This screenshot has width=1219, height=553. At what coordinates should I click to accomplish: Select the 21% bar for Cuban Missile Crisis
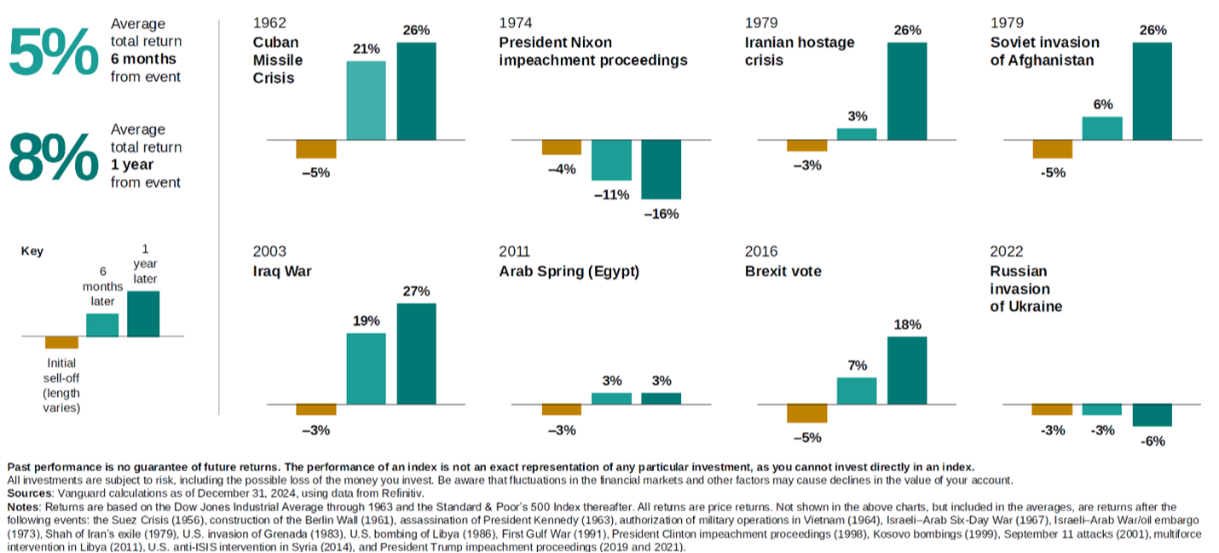(x=366, y=100)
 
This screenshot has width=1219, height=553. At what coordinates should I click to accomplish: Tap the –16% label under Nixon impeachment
(x=661, y=214)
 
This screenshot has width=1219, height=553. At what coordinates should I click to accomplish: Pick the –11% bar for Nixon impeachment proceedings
(x=611, y=159)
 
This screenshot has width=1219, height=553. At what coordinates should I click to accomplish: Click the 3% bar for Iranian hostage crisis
(x=857, y=134)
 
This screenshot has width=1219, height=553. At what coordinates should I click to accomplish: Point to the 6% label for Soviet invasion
(x=1102, y=105)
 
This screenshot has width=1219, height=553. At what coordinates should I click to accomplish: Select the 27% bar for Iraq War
(x=416, y=353)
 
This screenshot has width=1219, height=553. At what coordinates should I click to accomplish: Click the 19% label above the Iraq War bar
(x=366, y=321)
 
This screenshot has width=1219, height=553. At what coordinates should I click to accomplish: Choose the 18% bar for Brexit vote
(x=907, y=370)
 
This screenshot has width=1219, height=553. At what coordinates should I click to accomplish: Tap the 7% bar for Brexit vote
(x=857, y=390)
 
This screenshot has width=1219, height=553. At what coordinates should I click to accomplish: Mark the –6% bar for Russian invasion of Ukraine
(x=1152, y=415)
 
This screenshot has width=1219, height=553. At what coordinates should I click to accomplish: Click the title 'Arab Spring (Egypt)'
(x=569, y=272)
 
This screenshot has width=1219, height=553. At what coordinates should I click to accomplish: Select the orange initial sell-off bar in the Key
(x=61, y=343)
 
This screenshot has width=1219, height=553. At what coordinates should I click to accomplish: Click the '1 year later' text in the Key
(x=144, y=265)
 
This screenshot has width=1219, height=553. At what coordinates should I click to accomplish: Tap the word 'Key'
(x=32, y=251)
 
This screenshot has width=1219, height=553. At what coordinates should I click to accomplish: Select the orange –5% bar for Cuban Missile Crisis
(x=316, y=149)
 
